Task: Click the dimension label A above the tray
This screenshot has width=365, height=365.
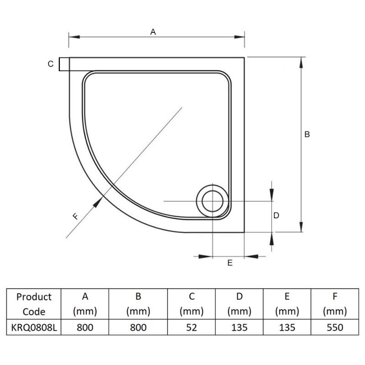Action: click(153, 31)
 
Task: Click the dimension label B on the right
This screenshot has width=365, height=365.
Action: click(307, 134)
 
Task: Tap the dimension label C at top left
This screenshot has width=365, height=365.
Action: click(51, 64)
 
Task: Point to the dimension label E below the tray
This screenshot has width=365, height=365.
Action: click(230, 263)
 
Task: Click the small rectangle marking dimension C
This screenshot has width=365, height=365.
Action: click(64, 64)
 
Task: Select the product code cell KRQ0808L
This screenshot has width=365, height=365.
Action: click(34, 328)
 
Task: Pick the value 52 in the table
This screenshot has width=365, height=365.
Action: click(192, 328)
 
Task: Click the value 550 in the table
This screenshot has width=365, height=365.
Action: click(334, 328)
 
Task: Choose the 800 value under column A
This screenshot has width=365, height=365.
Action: click(85, 328)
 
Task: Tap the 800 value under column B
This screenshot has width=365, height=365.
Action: click(138, 328)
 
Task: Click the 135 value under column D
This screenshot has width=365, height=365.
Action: click(239, 328)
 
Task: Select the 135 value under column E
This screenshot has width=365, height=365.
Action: click(287, 328)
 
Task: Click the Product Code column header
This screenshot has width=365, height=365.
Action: click(34, 304)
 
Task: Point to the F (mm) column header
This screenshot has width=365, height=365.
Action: click(334, 304)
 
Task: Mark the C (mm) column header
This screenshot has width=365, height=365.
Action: click(192, 304)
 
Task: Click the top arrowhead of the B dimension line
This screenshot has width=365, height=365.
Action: click(301, 62)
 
